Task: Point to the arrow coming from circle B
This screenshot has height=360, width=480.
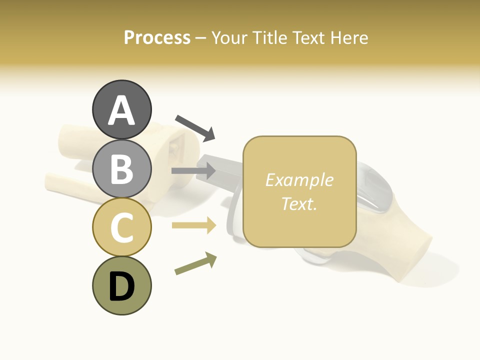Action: click(x=193, y=171)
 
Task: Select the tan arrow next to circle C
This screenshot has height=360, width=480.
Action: click(x=194, y=225)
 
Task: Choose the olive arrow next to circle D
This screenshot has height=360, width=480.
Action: click(x=195, y=263)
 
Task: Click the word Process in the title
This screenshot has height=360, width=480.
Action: click(x=157, y=38)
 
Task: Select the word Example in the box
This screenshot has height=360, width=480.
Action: click(x=299, y=180)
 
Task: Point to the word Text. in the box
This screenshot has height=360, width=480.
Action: click(x=299, y=203)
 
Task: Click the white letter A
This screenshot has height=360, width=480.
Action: click(x=121, y=111)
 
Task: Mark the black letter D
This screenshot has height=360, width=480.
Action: click(x=121, y=286)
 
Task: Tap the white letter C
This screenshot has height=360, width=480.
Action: click(x=121, y=228)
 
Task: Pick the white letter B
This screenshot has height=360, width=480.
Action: click(x=121, y=169)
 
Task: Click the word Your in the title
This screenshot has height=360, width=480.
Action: click(x=229, y=38)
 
